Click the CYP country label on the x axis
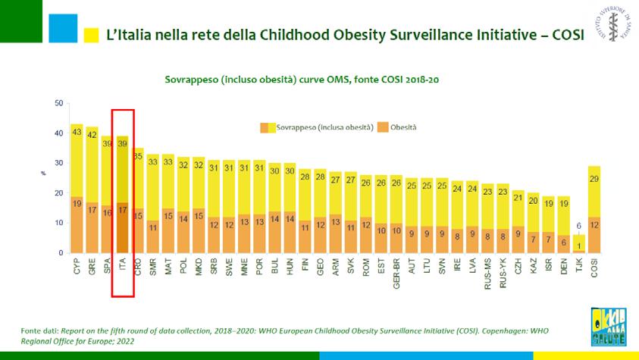[x=77, y=266]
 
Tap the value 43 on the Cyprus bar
[x=77, y=132]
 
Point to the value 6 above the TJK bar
[x=579, y=226]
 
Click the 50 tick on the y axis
[x=59, y=103]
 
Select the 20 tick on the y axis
[x=59, y=193]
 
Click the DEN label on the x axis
[x=563, y=266]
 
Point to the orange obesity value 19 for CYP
[x=77, y=202]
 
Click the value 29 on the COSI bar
[x=595, y=178]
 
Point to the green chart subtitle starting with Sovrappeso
[x=302, y=80]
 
